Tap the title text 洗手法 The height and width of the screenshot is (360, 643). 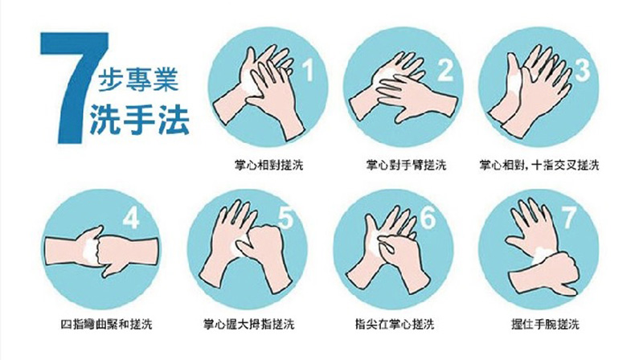point(139,120)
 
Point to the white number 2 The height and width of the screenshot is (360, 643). point(445,70)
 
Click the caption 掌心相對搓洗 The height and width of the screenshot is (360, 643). point(268,166)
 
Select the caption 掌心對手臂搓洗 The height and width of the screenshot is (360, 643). point(406,166)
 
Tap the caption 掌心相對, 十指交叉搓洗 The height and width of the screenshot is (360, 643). point(539,166)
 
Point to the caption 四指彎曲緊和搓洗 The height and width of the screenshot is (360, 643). point(106,325)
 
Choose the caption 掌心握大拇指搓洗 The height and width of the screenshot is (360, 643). point(249,325)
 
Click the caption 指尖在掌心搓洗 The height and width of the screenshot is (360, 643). point(395,325)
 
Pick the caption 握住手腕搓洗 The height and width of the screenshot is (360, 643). point(545,325)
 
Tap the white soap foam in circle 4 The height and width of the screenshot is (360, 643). point(89,249)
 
